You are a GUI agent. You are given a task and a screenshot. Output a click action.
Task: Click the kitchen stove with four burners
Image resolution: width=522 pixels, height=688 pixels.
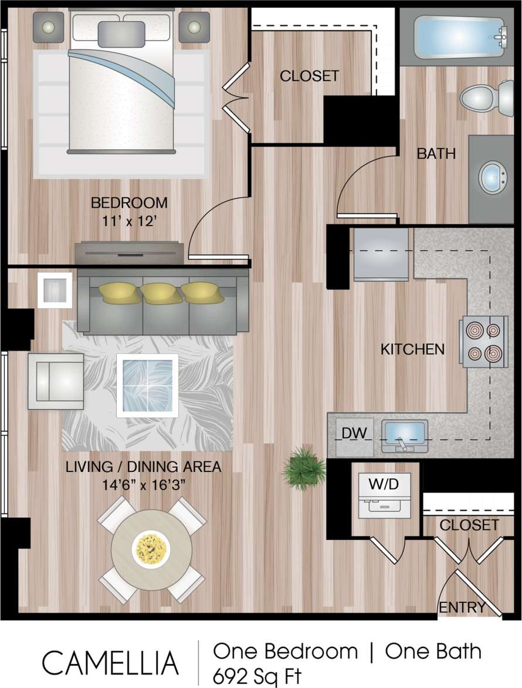484,342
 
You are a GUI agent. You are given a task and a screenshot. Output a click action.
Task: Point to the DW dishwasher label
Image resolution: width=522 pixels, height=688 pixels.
354,434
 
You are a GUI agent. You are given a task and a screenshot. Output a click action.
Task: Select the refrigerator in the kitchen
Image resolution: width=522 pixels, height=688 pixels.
381,254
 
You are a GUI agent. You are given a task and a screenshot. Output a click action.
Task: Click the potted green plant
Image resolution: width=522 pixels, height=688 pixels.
304,467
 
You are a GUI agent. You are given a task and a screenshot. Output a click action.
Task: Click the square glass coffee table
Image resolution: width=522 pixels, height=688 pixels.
147,385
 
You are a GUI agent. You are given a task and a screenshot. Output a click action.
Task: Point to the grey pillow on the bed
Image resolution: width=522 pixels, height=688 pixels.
121,33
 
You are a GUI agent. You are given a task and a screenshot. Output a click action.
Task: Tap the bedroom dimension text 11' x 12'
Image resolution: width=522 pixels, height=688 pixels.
129,222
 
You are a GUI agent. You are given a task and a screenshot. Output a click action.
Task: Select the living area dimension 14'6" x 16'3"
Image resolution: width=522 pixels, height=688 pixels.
143,486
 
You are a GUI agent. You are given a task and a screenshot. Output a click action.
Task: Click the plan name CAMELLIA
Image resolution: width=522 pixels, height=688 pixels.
110,663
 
